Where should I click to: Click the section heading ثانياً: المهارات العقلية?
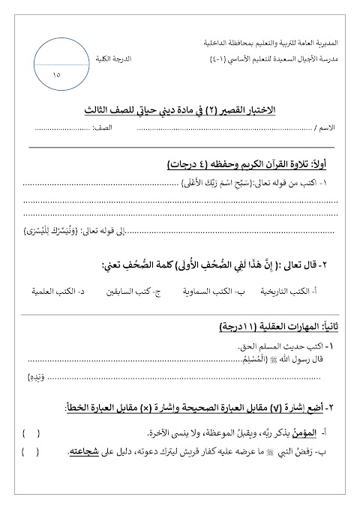284,328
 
